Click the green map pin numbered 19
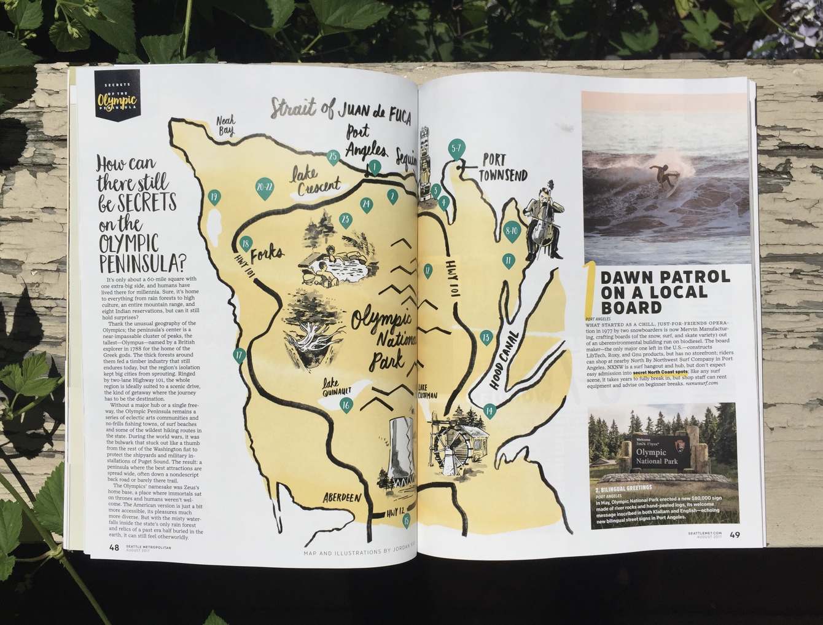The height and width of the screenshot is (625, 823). coord(214,197)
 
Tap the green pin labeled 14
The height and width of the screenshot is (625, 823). coord(489,411)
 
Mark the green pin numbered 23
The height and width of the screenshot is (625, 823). coord(345,219)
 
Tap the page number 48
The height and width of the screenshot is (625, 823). coord(114,548)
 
